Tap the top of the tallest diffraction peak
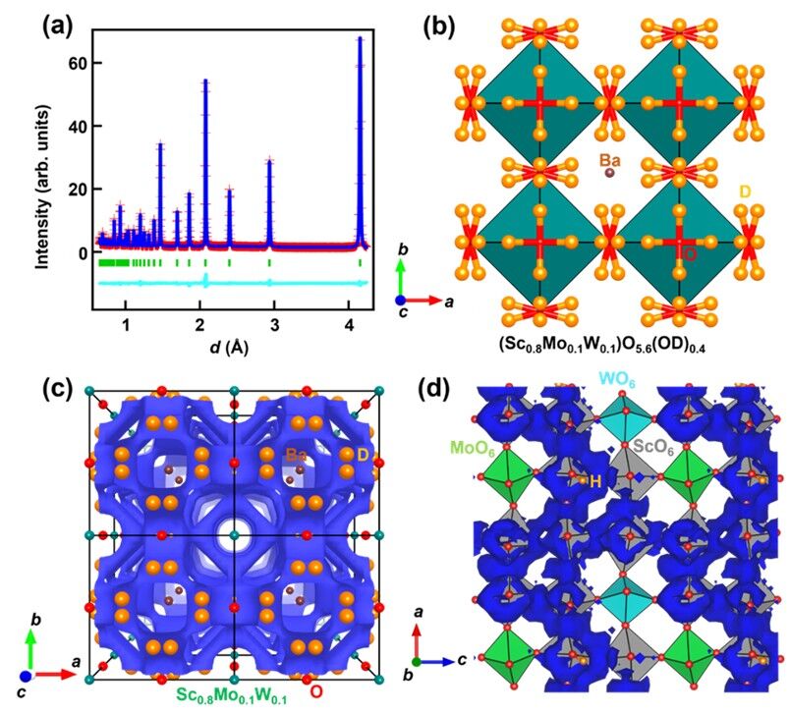[360, 39]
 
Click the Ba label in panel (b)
[609, 155]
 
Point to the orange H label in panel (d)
[594, 480]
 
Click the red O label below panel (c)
[315, 692]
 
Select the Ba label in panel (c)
[297, 455]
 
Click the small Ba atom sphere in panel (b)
[609, 173]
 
